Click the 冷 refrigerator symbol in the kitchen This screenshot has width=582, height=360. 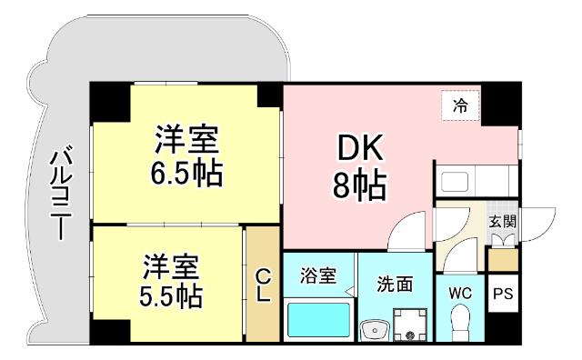tap(460, 105)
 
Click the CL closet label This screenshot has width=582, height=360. tap(262, 286)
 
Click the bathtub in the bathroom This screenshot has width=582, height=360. tap(317, 319)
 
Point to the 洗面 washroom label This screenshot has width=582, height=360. tap(395, 284)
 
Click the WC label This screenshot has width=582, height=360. tap(460, 294)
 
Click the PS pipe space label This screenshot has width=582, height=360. tap(503, 295)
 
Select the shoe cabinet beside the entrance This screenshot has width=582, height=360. tap(502, 258)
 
